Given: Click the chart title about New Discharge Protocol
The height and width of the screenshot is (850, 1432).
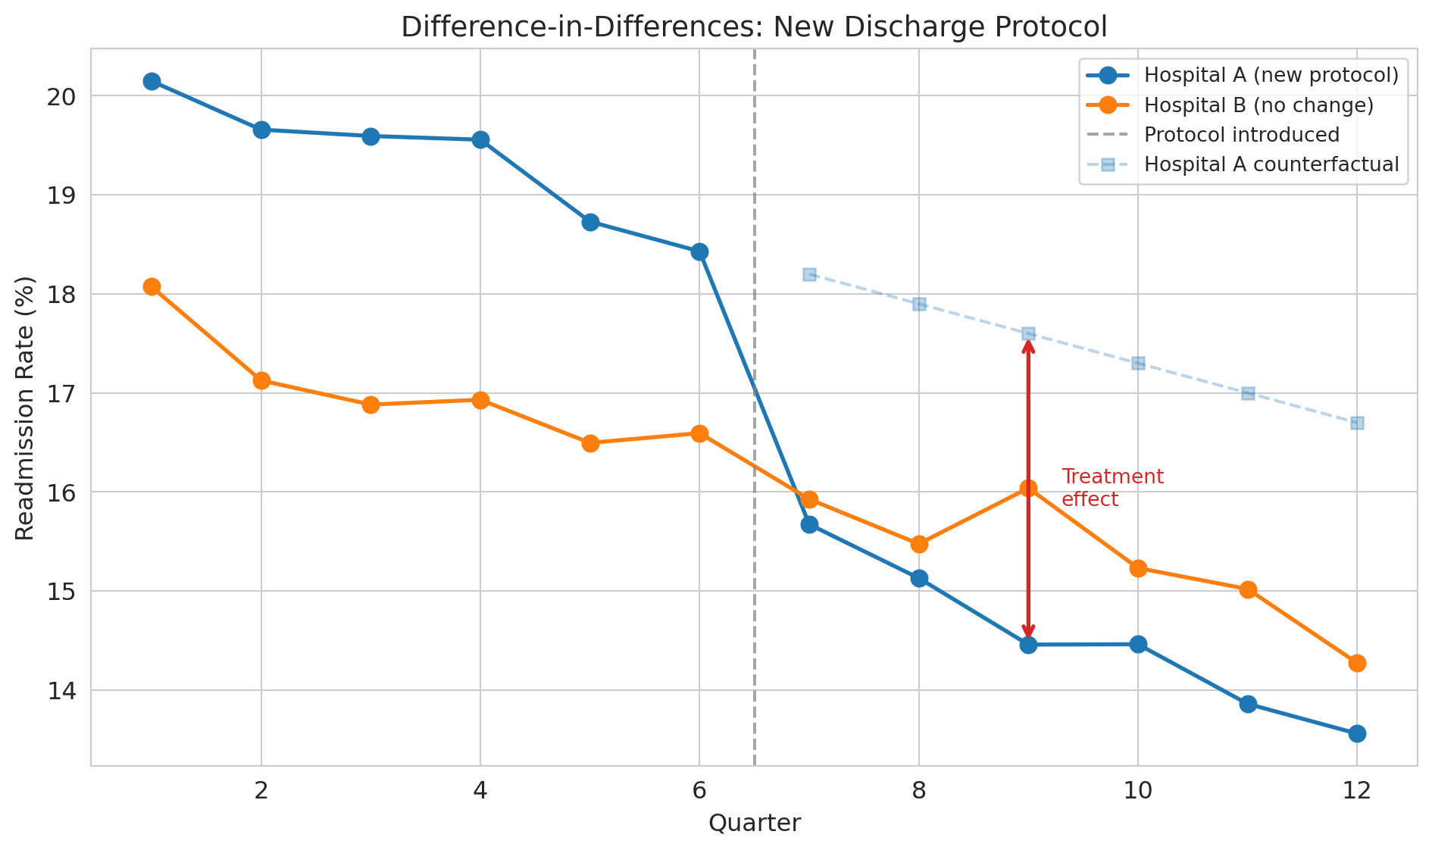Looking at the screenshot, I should click(754, 27).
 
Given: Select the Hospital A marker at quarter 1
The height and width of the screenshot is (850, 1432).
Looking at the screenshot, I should click(152, 81).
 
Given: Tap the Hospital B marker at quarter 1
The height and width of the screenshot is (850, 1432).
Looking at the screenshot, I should click(152, 286).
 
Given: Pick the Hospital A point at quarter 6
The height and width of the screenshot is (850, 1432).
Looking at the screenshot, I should click(699, 252).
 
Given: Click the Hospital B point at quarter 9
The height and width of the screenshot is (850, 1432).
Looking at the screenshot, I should click(1028, 489).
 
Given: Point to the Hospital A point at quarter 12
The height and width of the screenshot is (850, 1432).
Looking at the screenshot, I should click(1357, 733).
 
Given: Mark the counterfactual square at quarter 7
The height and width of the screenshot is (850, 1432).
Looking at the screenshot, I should click(809, 274).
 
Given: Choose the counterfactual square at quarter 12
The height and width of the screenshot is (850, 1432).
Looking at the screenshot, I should click(1357, 423).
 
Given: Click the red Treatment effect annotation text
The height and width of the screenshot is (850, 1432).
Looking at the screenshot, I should click(1112, 488).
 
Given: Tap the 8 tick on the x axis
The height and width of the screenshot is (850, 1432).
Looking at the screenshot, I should click(919, 791).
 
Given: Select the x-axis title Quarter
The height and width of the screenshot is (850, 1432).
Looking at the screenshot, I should click(755, 823).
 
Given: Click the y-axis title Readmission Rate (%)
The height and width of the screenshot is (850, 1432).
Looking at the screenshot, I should click(26, 408).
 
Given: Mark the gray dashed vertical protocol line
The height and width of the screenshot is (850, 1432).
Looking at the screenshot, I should click(755, 606).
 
